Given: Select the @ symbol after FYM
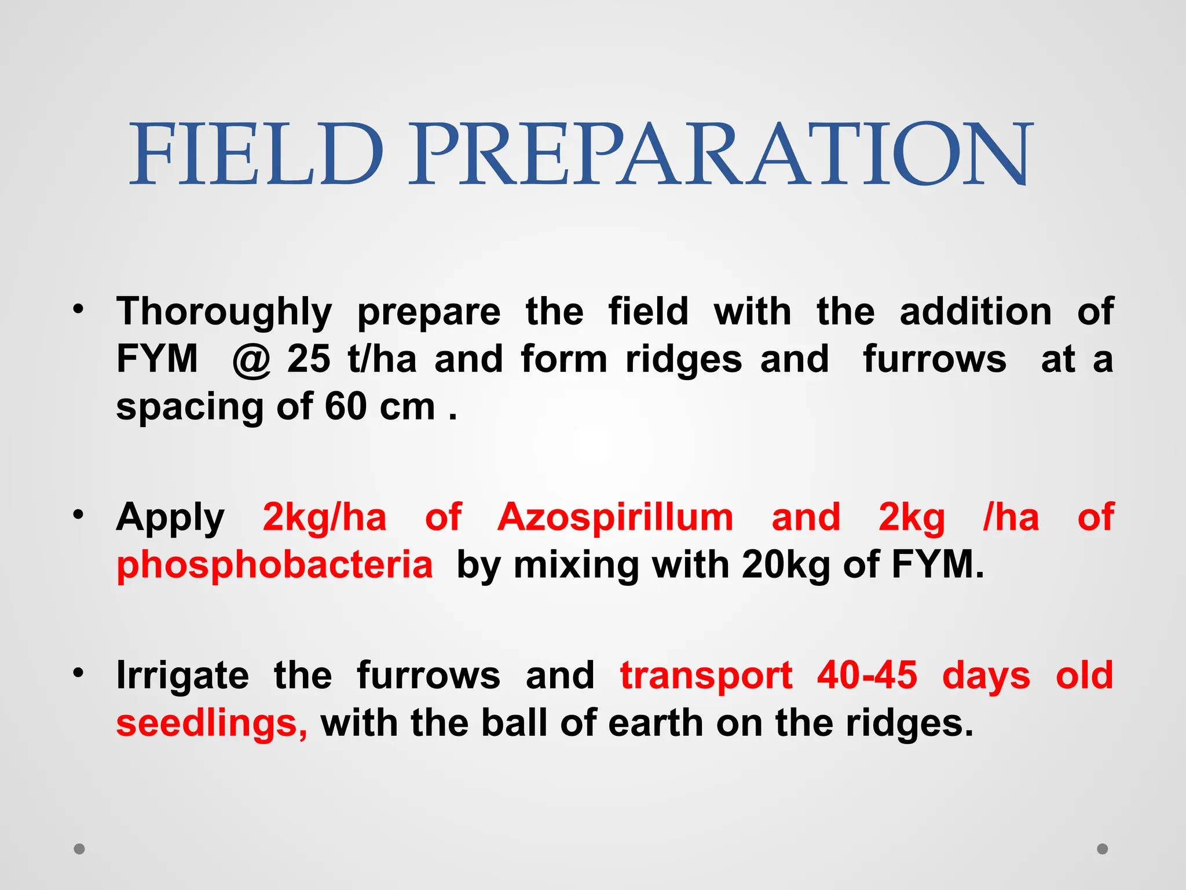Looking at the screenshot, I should click(x=251, y=360).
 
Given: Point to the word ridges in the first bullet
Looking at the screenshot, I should click(x=683, y=360).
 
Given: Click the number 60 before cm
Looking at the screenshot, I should click(x=345, y=407).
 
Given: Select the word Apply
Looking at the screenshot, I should click(x=170, y=518).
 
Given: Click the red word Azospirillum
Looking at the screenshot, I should click(x=615, y=517).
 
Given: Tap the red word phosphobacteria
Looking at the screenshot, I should click(x=274, y=565).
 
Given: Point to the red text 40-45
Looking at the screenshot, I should click(x=867, y=676).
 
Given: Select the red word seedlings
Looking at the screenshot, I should click(x=211, y=724).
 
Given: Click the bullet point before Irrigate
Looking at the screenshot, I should click(x=79, y=673).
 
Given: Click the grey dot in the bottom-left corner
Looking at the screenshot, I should click(x=79, y=849).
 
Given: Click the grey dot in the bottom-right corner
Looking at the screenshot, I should click(x=1103, y=849).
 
